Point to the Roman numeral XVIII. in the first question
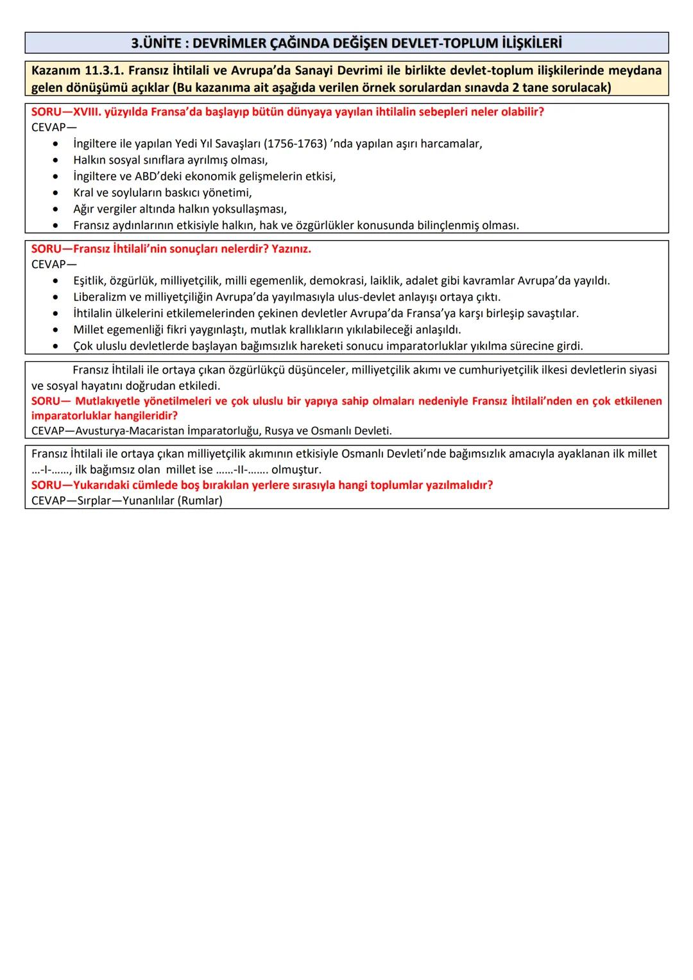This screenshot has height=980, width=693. click(84, 112)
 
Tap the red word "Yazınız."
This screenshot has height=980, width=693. click(291, 249)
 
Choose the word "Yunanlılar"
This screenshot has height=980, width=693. click(151, 501)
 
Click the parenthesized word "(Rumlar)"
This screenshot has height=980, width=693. click(203, 501)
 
